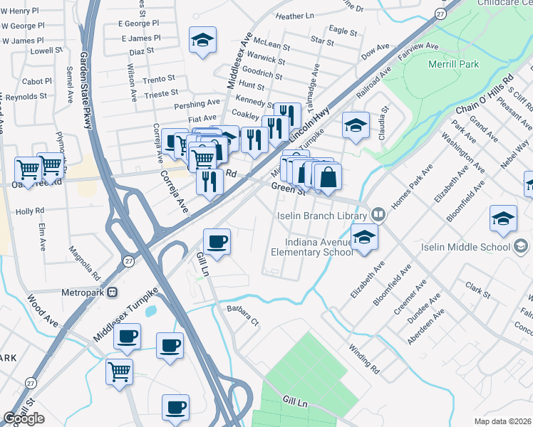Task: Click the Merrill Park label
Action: pyautogui.click(x=454, y=64)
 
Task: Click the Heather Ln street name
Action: pyautogui.click(x=294, y=16)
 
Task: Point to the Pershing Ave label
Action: pyautogui.click(x=197, y=104)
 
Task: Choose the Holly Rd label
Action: pyautogui.click(x=30, y=211)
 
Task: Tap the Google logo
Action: pyautogui.click(x=23, y=418)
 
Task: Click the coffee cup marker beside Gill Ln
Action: pyautogui.click(x=217, y=241)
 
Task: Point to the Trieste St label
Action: pyautogui.click(x=161, y=93)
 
